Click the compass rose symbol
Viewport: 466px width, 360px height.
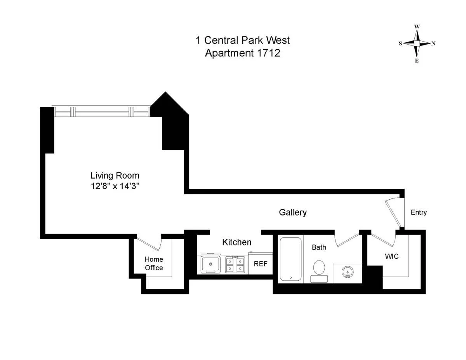click(x=417, y=43)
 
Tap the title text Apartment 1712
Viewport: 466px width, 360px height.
click(x=242, y=53)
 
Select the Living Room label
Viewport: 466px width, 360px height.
click(x=115, y=175)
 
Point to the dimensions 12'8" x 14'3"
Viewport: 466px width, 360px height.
click(x=115, y=186)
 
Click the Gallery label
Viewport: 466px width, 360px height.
click(x=293, y=212)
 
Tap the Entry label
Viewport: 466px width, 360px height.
click(x=419, y=212)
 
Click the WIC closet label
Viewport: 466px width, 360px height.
click(x=391, y=256)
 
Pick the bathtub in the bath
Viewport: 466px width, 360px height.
click(x=290, y=259)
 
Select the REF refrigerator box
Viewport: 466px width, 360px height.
click(x=260, y=264)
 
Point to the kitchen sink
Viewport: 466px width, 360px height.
click(x=210, y=264)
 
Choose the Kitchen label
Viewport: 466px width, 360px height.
click(x=236, y=242)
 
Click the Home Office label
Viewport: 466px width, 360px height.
click(x=154, y=263)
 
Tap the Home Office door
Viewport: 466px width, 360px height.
click(x=150, y=243)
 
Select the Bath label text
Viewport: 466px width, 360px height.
click(x=319, y=247)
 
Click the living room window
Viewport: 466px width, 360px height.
click(x=101, y=112)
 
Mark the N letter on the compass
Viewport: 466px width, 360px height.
click(x=433, y=43)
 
